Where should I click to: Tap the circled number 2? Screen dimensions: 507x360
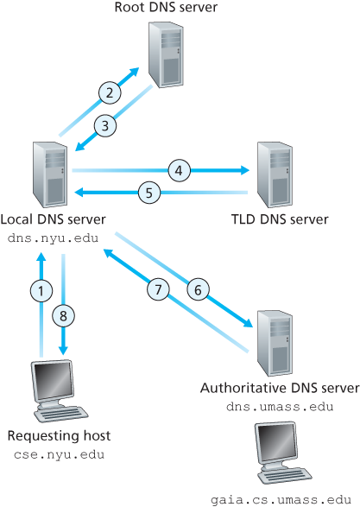coord(108,92)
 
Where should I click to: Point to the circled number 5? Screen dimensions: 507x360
coord(148,193)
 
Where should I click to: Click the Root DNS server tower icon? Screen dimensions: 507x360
coord(167,54)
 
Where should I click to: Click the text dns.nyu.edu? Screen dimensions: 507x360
coord(52,237)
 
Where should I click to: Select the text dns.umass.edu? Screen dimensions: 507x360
coord(280,406)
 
